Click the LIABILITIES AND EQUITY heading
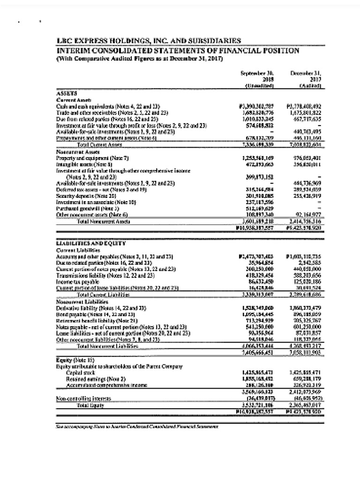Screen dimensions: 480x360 90,242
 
